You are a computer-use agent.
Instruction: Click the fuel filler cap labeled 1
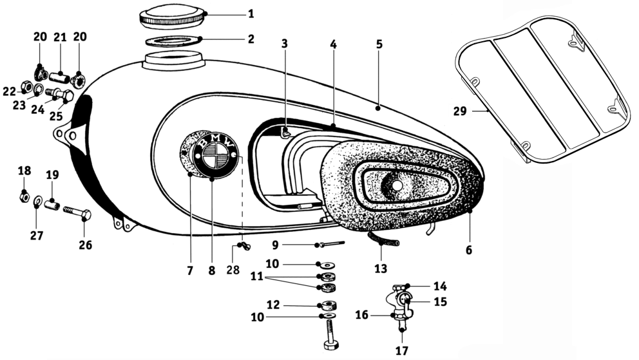tap(171, 15)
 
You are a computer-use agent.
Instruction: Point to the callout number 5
tap(379, 45)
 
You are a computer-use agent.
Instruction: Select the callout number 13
tap(381, 268)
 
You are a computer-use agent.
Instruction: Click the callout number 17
tap(401, 352)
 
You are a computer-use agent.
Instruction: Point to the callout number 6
tap(469, 249)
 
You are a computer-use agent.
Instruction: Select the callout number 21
tap(60, 39)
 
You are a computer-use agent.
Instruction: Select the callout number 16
tap(362, 315)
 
